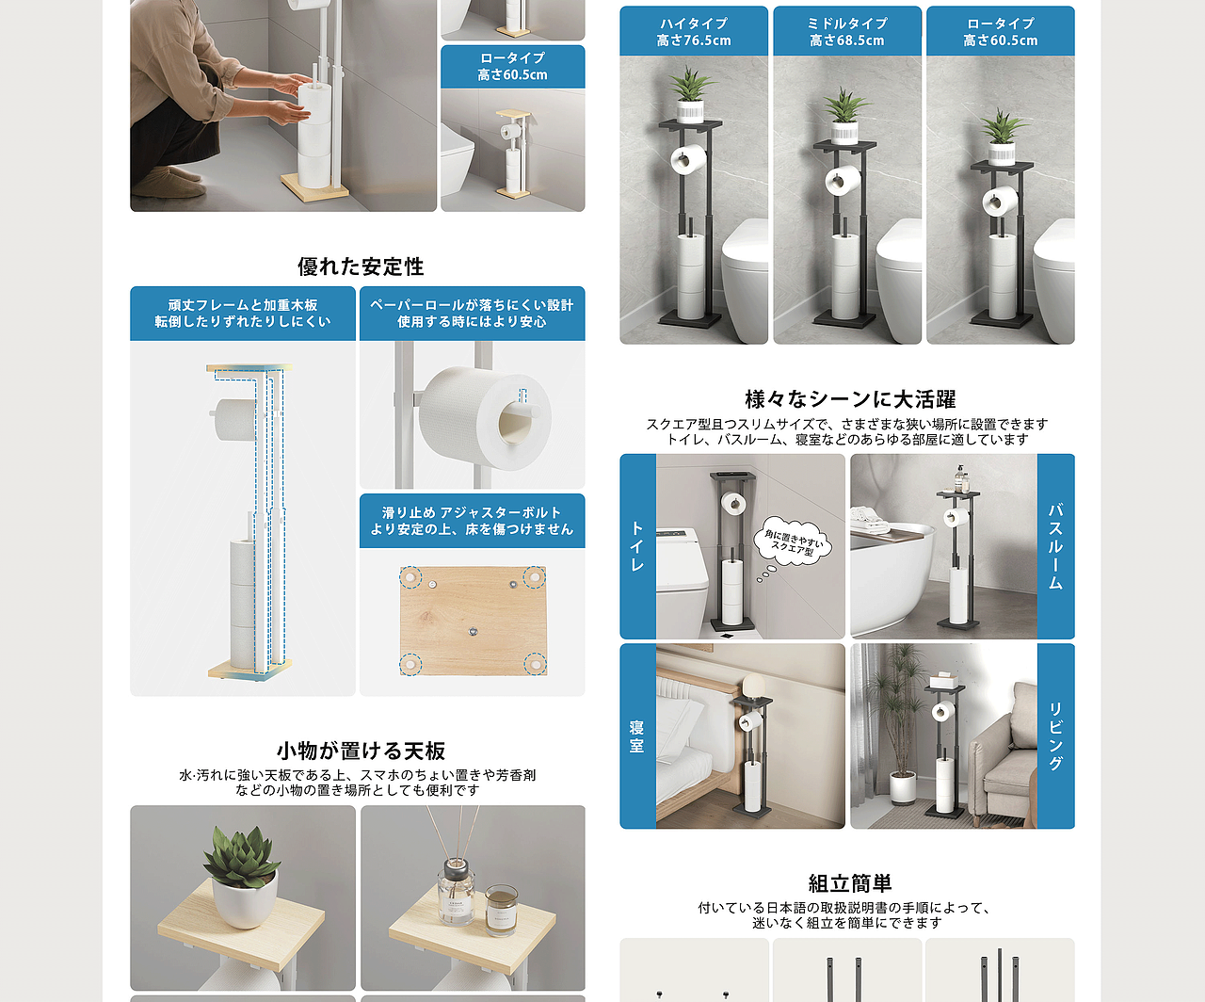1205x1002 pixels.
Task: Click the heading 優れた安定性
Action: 361,267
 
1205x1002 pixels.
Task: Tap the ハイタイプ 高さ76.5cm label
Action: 694,32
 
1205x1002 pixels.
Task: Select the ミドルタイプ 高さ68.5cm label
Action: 847,32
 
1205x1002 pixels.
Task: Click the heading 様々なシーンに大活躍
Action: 849,399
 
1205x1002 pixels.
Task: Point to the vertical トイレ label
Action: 637,546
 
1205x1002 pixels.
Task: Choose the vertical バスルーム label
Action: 1055,546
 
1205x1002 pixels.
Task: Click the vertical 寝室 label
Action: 637,735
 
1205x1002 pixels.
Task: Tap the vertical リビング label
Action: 1055,735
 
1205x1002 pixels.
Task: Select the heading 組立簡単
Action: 849,883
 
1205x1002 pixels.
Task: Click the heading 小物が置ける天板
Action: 361,751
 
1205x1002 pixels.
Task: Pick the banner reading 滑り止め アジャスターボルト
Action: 472,521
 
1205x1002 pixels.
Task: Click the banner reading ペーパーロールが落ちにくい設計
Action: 472,314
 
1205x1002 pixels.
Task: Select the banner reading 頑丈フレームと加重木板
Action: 243,314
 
